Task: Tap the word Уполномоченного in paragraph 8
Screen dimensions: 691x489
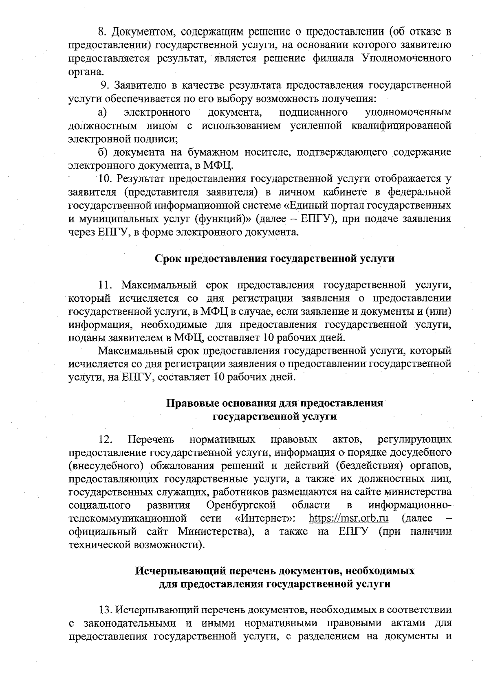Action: point(406,58)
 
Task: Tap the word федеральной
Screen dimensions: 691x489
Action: point(420,192)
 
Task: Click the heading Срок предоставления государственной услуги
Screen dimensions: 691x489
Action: point(275,259)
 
